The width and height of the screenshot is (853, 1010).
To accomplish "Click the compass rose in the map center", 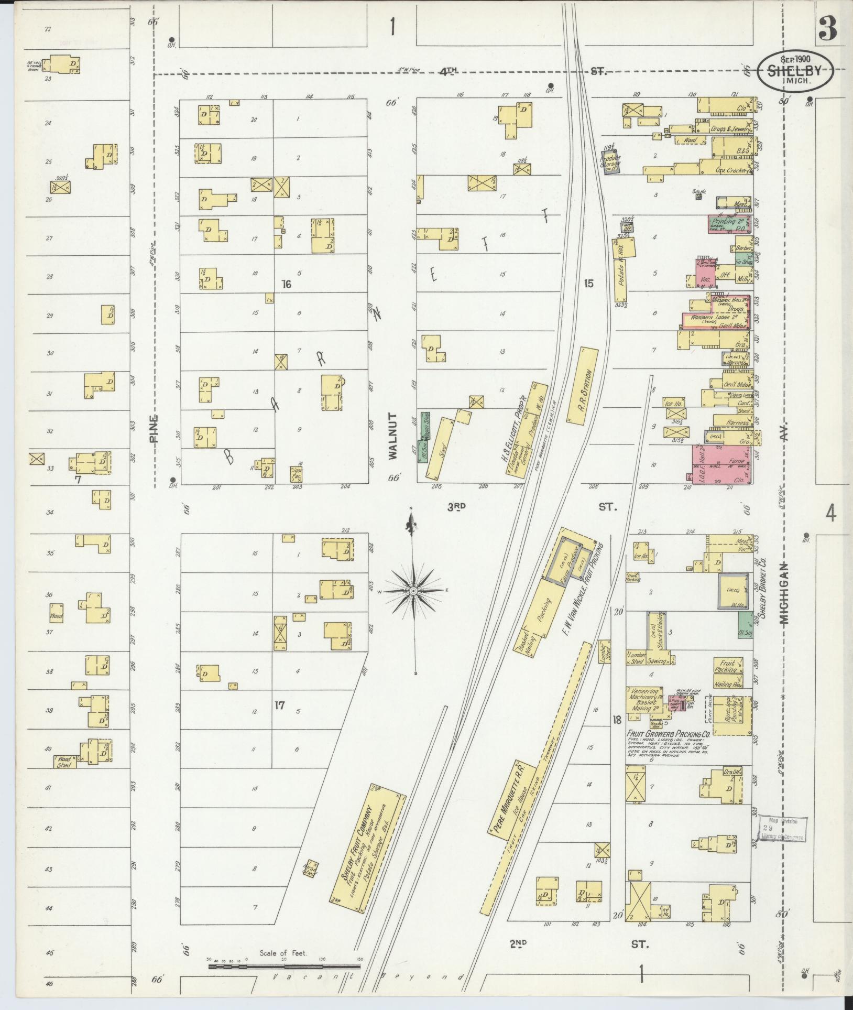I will [413, 591].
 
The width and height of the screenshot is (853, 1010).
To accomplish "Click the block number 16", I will [286, 285].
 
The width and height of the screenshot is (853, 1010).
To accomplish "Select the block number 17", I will [279, 705].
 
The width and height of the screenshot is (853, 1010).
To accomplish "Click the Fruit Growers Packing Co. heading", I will [668, 734].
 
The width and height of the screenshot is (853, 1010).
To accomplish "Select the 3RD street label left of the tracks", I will [457, 507].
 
